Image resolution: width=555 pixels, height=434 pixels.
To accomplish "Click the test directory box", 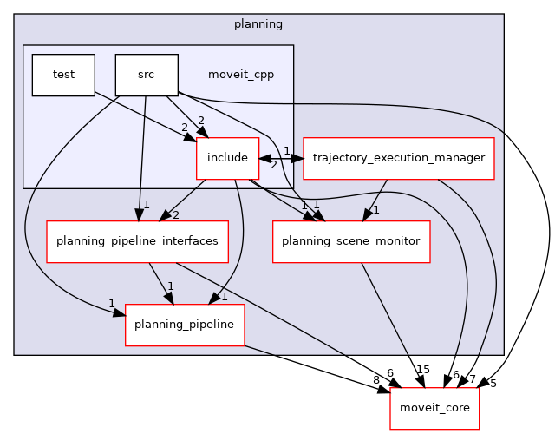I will pos(63,75).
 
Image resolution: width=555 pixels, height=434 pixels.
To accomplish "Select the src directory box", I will pos(147,75).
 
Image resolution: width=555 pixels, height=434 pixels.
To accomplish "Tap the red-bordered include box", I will pos(228,159).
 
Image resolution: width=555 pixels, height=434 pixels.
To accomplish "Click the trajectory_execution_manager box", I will pos(398,159).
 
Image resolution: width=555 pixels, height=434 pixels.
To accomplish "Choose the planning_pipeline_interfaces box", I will pos(137,241).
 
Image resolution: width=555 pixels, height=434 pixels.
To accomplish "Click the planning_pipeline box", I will pos(185,325).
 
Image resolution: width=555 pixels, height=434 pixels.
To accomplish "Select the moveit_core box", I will pos(428,407).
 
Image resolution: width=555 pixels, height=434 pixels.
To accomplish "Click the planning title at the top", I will pos(258,23).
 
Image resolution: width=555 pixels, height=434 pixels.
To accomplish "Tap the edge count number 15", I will pos(422,370).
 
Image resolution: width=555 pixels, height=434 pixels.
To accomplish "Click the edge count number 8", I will pos(377,379).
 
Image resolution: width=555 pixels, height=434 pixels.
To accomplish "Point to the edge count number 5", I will pos(493,383).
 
